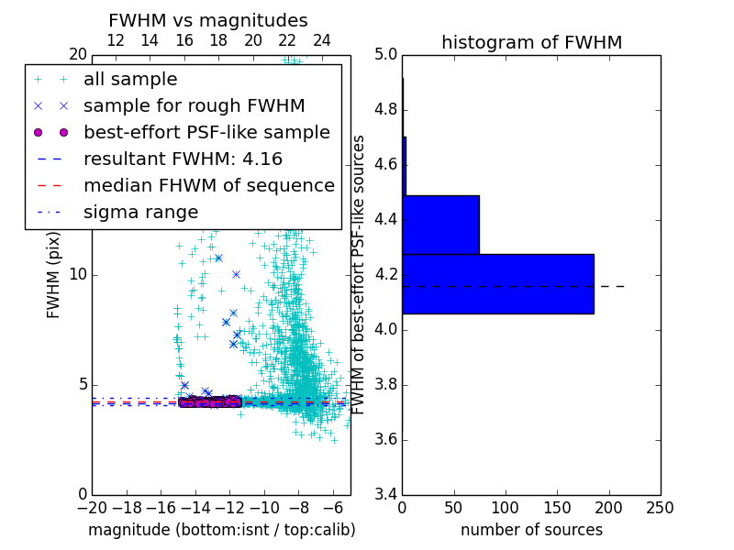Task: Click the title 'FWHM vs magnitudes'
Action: point(207,21)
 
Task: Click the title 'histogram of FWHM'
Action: point(531,43)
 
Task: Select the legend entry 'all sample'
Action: point(130,80)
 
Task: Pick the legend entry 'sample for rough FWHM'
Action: point(194,106)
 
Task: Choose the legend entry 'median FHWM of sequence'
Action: point(208,186)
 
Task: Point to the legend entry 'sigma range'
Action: point(140,213)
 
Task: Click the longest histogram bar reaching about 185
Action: point(497,283)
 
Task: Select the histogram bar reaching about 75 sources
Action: point(440,225)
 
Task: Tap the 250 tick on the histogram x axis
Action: point(660,508)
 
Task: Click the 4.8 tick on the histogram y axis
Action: point(385,109)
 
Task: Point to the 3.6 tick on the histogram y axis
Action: point(385,439)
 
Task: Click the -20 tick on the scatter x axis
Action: point(92,508)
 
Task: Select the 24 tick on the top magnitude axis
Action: point(322,41)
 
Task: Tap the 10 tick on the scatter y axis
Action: point(79,274)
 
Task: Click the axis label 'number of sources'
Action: point(531,530)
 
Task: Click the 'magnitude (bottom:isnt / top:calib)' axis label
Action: point(221,530)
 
